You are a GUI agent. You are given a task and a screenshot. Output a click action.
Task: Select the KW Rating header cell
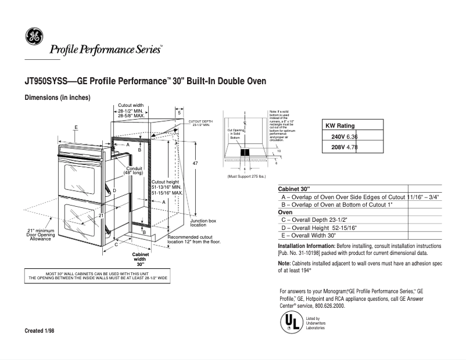point(339,125)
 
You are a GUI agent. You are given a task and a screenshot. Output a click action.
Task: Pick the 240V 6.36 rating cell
point(340,136)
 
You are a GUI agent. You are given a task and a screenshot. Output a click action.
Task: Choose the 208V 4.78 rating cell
point(340,148)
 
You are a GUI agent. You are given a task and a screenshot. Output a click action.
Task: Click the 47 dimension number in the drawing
point(195,164)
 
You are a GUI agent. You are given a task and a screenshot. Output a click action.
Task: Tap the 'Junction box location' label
point(203,223)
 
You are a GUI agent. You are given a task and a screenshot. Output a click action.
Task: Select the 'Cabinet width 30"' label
point(141,259)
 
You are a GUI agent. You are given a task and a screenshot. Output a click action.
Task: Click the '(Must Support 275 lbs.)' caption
point(246,176)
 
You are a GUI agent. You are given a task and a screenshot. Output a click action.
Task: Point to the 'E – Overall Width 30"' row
point(309,236)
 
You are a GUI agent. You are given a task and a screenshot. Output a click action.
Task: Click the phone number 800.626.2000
point(332,305)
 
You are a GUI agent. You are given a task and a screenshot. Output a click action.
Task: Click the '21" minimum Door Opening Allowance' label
point(41,235)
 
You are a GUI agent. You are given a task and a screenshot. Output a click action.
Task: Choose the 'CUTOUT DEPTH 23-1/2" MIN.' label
point(199,123)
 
